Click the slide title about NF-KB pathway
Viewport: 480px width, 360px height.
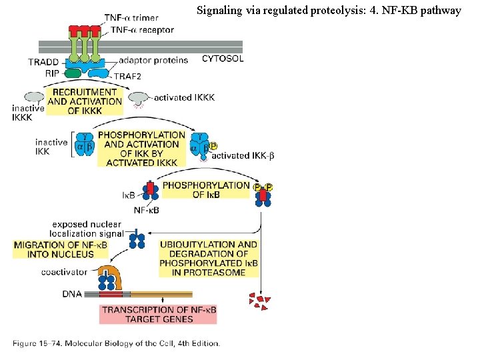[329, 11]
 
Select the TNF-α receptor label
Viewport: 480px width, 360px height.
[142, 29]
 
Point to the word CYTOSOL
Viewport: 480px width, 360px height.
[222, 59]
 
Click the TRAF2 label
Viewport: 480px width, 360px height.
[128, 77]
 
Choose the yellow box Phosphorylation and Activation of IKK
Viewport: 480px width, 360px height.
[141, 148]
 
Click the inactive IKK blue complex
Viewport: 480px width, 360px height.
[85, 145]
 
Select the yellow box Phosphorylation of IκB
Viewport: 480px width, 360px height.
[206, 189]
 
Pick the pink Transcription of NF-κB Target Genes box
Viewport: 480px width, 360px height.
[157, 314]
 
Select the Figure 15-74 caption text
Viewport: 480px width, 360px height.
[116, 343]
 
